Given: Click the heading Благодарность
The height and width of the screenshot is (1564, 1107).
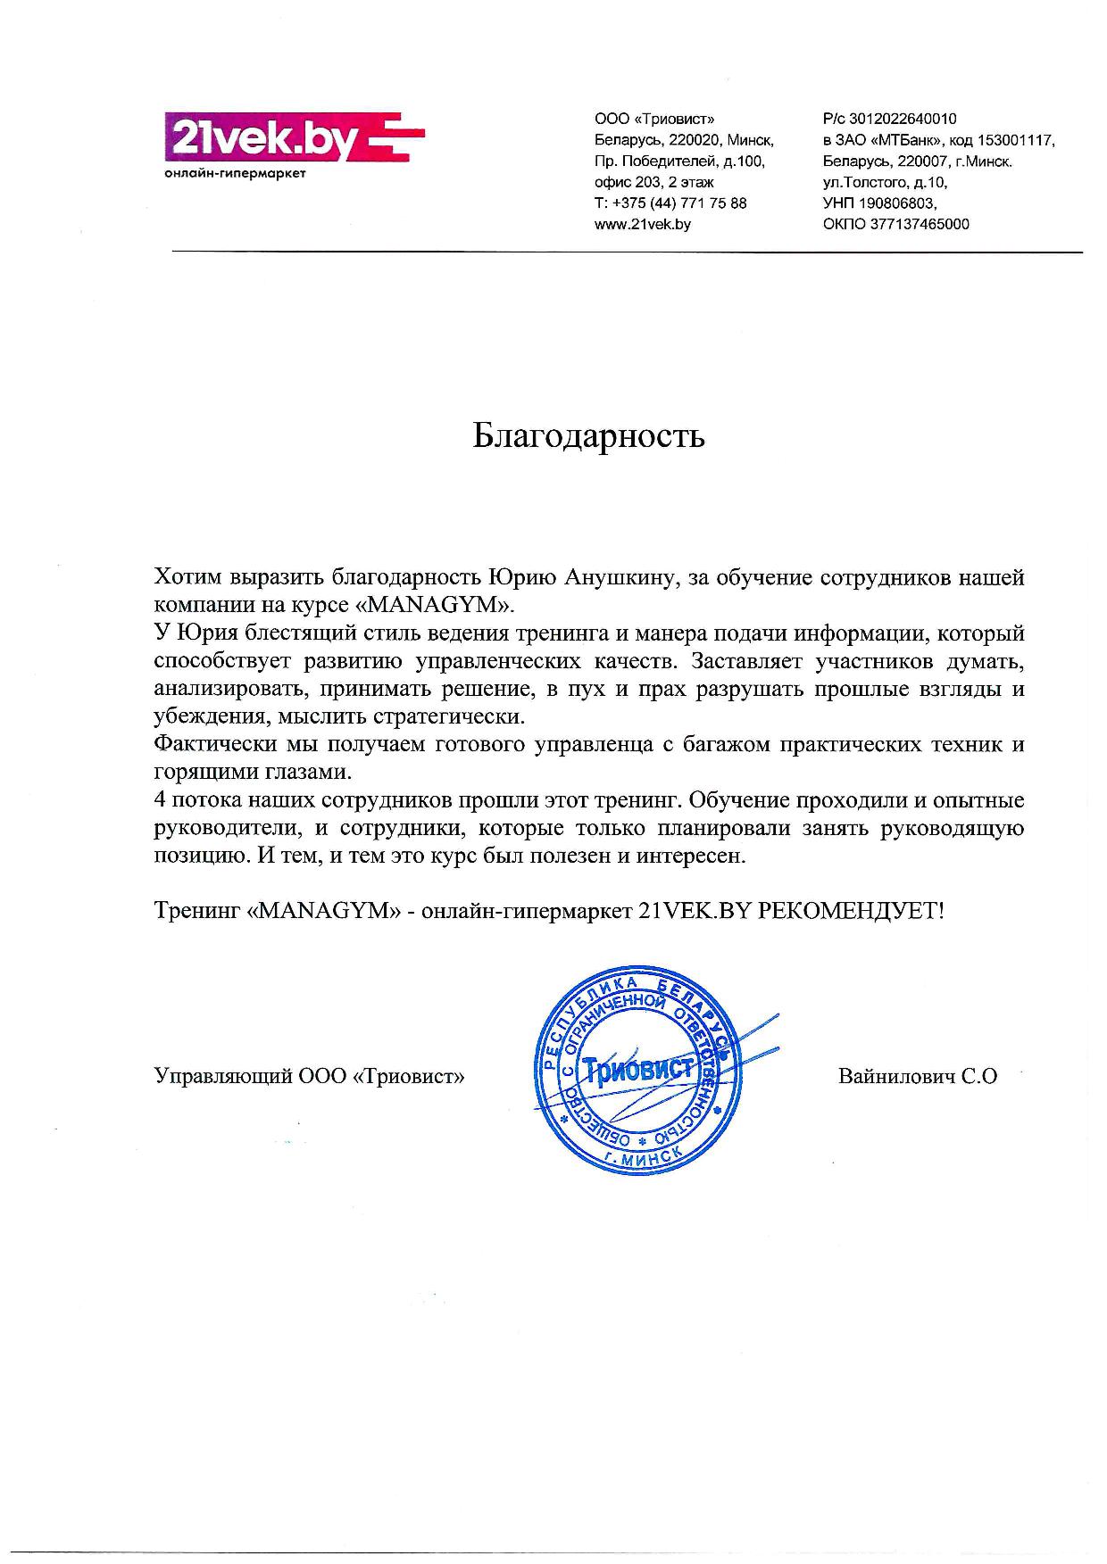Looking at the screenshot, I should click(x=588, y=435).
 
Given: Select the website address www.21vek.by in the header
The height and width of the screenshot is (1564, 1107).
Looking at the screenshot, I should click(x=643, y=225).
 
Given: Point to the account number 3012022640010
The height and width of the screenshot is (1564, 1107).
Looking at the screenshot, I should click(x=903, y=119).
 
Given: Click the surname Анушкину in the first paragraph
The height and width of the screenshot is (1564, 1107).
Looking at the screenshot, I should click(x=624, y=577).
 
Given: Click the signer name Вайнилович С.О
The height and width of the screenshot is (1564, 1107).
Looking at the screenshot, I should click(x=918, y=1076).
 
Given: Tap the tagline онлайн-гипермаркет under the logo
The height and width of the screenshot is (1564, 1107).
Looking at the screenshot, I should click(x=236, y=173).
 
